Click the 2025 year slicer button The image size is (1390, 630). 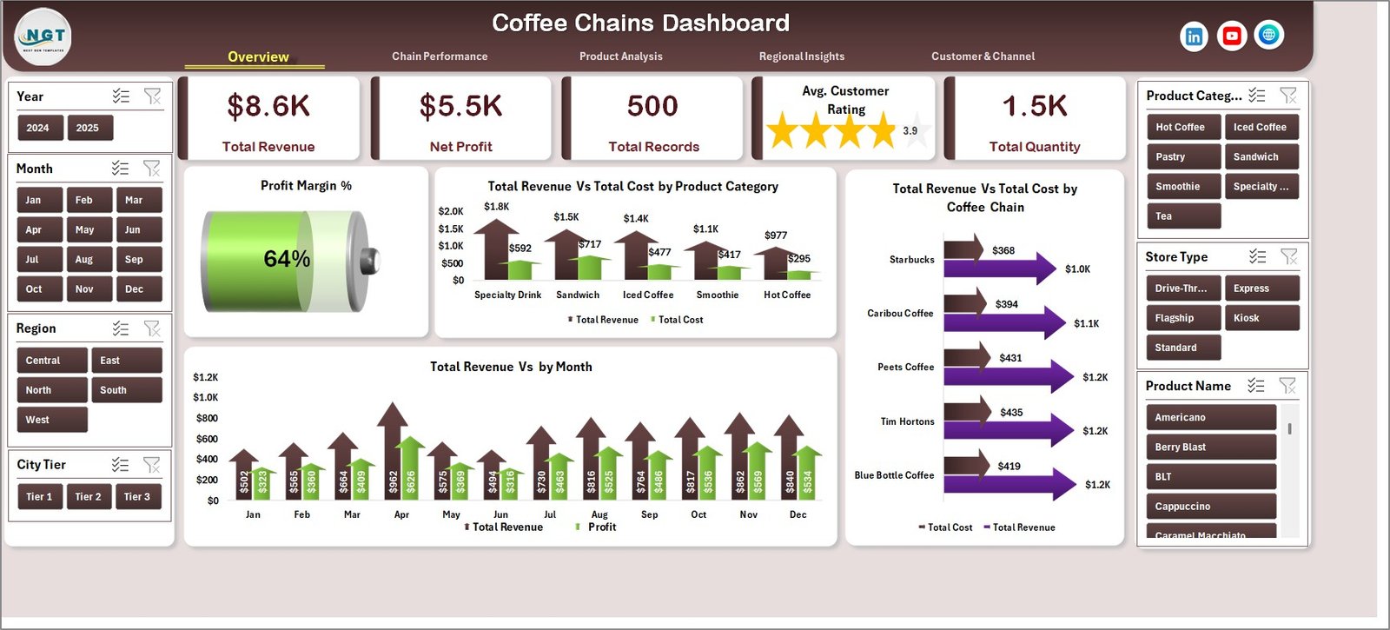88,128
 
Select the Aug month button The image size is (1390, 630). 84,260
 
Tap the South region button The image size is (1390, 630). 125,390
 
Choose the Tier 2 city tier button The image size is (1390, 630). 88,497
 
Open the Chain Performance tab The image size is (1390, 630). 440,56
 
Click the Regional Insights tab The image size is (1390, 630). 802,56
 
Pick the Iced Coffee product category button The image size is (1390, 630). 1260,127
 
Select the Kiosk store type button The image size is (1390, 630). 1260,318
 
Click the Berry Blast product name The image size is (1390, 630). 1209,448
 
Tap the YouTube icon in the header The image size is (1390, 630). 1231,36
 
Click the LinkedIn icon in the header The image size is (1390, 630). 1194,36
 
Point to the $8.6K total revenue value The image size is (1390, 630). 268,106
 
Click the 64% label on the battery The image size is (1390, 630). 287,259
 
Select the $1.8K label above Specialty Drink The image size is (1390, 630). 497,207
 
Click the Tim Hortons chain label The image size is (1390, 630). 907,421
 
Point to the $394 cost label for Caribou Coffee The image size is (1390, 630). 1007,304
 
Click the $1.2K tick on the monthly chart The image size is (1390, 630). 206,377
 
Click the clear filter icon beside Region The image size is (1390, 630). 152,328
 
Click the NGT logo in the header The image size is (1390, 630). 43,36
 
